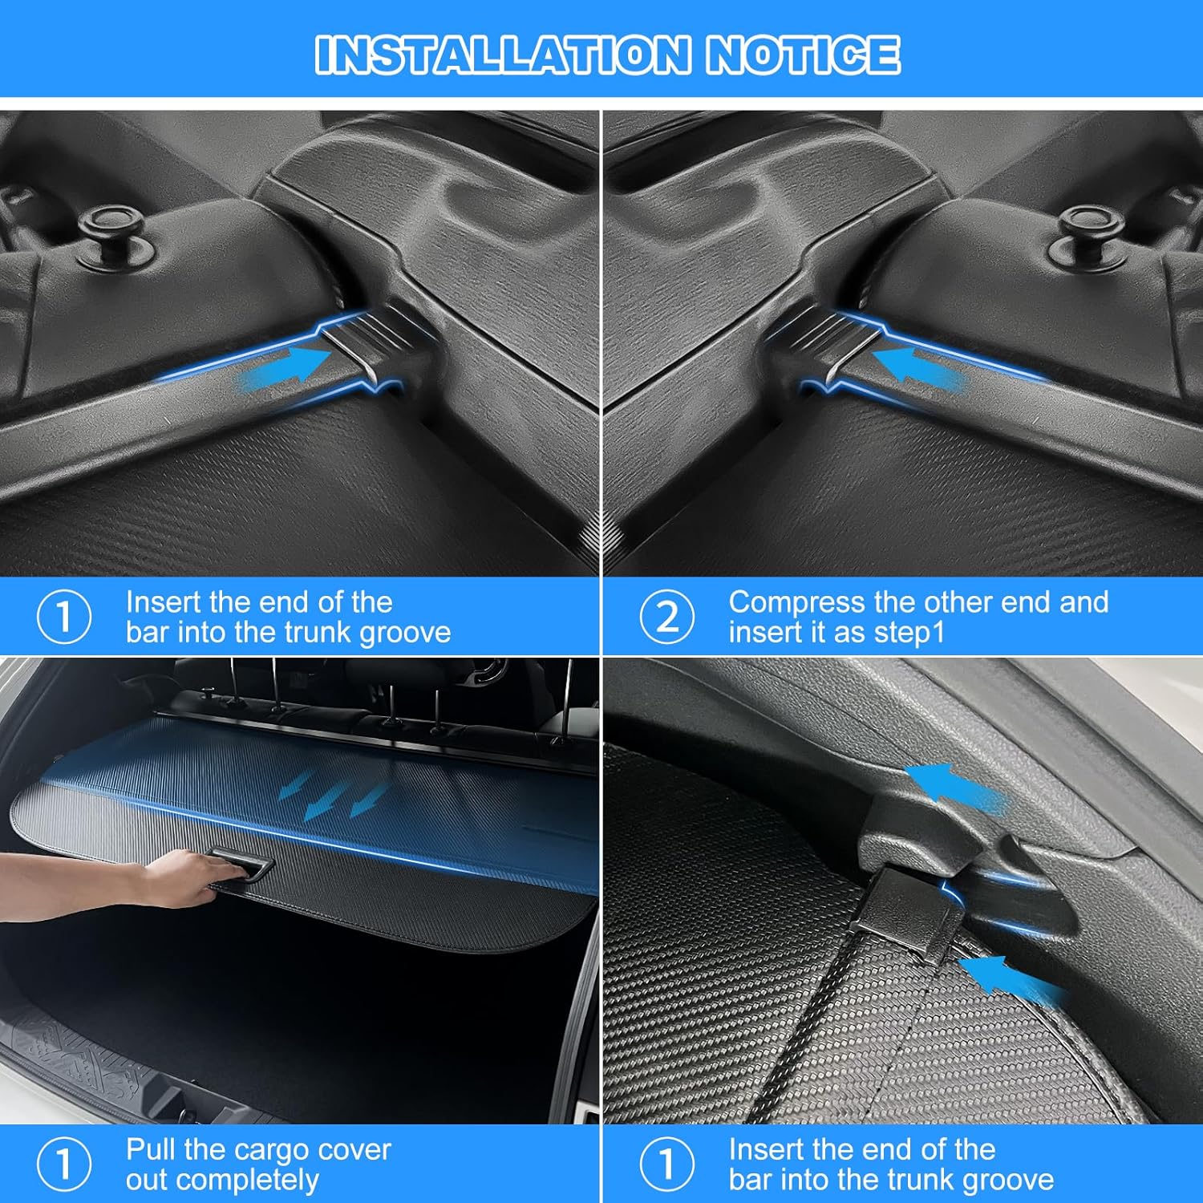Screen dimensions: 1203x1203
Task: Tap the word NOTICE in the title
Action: coord(802,55)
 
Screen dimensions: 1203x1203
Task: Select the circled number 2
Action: coord(666,617)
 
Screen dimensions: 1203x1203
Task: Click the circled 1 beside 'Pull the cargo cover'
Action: coord(64,1164)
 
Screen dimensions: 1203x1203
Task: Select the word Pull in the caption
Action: coord(151,1150)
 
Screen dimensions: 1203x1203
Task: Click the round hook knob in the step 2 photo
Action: coord(1090,225)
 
